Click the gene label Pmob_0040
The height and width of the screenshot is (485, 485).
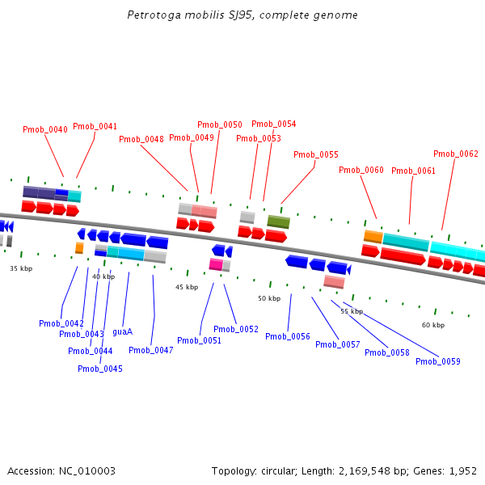click(x=45, y=129)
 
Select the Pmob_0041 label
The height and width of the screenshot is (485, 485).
click(x=95, y=126)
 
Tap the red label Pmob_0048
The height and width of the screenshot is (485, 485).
click(x=141, y=139)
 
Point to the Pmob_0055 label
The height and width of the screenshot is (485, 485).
click(x=316, y=154)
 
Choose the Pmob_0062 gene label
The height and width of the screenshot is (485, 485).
click(x=456, y=154)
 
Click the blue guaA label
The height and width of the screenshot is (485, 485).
click(x=123, y=331)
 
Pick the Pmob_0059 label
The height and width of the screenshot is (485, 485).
click(x=438, y=361)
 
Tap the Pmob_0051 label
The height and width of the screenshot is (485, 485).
click(x=200, y=340)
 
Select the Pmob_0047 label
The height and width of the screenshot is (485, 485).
click(x=151, y=350)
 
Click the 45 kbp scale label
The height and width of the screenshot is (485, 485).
click(x=187, y=287)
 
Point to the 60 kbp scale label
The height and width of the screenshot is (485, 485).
click(x=433, y=325)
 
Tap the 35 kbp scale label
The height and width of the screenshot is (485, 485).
click(x=21, y=268)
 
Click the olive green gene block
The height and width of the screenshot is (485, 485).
click(x=279, y=221)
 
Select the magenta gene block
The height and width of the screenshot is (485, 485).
click(x=216, y=264)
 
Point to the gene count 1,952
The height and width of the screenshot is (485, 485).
click(x=462, y=470)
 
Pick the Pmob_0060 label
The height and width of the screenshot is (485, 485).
click(x=361, y=170)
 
